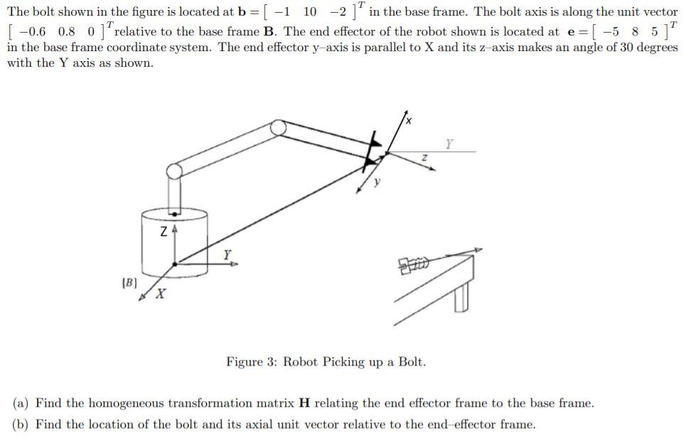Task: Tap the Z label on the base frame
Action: tap(164, 231)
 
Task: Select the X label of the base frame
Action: tap(161, 293)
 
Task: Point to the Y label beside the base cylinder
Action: tap(227, 253)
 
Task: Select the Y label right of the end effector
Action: tap(448, 143)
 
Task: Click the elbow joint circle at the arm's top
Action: tap(278, 128)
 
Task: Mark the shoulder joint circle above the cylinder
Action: tap(174, 170)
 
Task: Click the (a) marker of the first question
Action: tap(21, 403)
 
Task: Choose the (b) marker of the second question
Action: tap(21, 425)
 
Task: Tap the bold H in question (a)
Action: tap(304, 403)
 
